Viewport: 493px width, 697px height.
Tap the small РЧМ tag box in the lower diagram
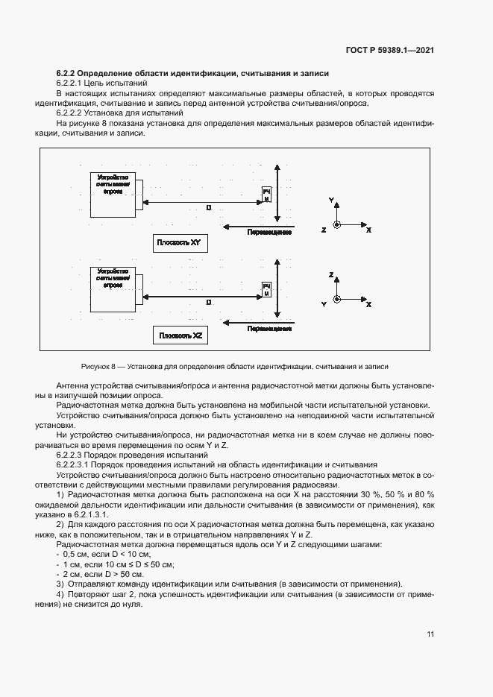[x=266, y=289]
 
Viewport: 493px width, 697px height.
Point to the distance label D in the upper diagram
[x=209, y=209]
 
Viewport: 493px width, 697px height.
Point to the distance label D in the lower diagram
[x=209, y=303]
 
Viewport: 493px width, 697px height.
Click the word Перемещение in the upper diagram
[x=269, y=233]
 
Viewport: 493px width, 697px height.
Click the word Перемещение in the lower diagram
[x=269, y=327]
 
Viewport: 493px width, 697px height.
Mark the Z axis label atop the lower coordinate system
[x=330, y=275]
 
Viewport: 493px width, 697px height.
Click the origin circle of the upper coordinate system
[x=337, y=225]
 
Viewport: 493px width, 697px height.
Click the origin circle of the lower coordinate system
[x=337, y=300]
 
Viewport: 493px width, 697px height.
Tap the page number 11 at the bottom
[x=430, y=634]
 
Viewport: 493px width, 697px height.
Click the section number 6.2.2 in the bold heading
[x=68, y=74]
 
